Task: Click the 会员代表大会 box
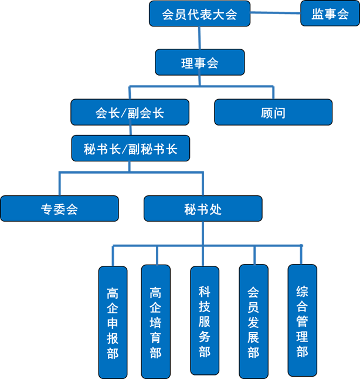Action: tap(199, 14)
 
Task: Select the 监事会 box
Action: tap(330, 14)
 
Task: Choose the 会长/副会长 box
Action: tap(130, 113)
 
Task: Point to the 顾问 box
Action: tap(273, 113)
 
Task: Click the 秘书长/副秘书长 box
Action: tap(130, 149)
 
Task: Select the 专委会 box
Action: tap(59, 209)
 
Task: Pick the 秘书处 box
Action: tap(203, 209)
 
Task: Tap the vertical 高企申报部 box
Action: tap(113, 322)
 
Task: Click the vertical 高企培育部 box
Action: tap(155, 322)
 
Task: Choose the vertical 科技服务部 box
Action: tap(204, 322)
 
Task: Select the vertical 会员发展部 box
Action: tap(253, 322)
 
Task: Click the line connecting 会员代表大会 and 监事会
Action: tap(275, 13)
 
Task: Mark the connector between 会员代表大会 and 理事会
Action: tap(199, 38)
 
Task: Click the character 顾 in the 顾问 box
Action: tap(266, 113)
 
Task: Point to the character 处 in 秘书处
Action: tap(216, 209)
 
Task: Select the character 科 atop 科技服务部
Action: tap(204, 291)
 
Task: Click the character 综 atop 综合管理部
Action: tap(302, 291)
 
